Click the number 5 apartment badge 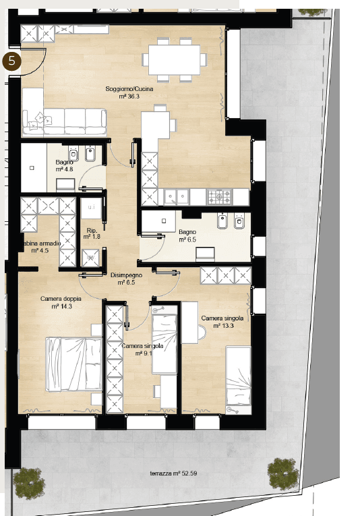coord(12,61)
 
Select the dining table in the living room coord(174,59)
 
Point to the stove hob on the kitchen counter coord(220,197)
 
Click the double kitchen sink coord(177,197)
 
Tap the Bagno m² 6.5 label coord(187,236)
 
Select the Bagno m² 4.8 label coord(65,165)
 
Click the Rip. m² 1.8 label coord(92,233)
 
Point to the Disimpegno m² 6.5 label coord(126,279)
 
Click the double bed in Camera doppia coord(74,364)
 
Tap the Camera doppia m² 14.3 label coord(61,302)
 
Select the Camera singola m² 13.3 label coord(222,322)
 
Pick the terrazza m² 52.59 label coord(173,474)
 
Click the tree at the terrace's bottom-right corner coord(282,474)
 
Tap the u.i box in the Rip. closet coord(92,207)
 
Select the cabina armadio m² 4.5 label coord(40,247)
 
